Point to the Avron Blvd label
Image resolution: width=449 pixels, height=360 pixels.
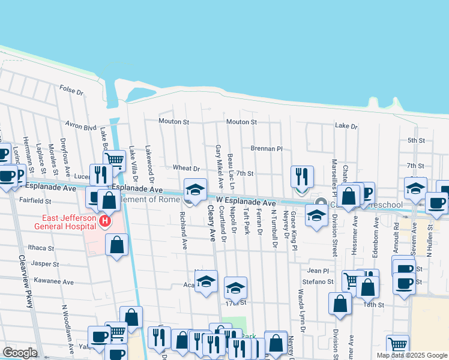click(x=81, y=127)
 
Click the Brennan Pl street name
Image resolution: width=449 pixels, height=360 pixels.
click(x=266, y=148)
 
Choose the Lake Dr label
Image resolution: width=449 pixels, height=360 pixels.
click(x=346, y=127)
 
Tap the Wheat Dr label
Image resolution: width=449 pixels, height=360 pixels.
click(x=185, y=169)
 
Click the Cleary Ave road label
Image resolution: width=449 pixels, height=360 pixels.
click(x=211, y=223)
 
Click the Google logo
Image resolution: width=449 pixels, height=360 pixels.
click(x=20, y=353)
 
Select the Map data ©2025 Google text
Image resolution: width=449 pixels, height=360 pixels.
click(x=411, y=355)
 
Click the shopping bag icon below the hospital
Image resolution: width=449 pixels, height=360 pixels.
click(x=117, y=244)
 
